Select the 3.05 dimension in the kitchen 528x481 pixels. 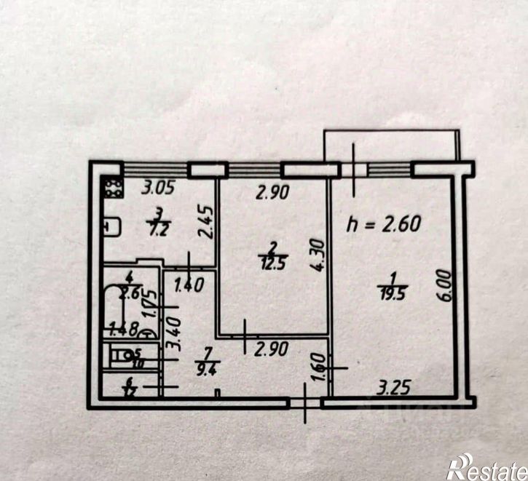pos(157,191)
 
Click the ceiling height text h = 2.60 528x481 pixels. pos(385,223)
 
